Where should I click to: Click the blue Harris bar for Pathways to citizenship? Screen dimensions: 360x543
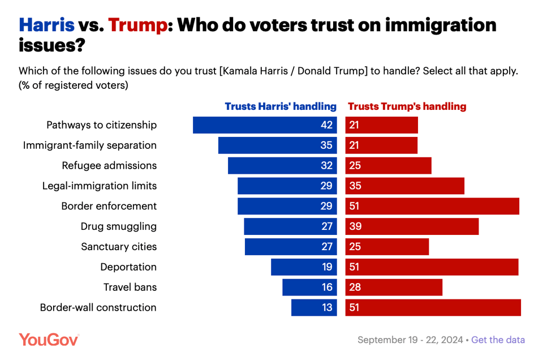(x=265, y=125)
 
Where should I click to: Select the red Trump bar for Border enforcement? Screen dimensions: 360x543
(x=432, y=206)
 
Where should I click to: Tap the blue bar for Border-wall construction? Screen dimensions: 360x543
(x=314, y=308)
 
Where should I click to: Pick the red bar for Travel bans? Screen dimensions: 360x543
(x=394, y=288)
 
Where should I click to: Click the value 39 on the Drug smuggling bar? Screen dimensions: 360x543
(x=355, y=226)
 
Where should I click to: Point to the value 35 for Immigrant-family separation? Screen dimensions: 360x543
(x=326, y=145)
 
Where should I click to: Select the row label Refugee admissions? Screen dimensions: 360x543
(x=109, y=166)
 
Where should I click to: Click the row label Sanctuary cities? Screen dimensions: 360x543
(x=119, y=247)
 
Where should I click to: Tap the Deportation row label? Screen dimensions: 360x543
(x=128, y=267)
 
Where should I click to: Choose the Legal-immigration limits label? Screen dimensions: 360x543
(x=100, y=186)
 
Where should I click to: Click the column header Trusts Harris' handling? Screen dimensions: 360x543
(x=281, y=106)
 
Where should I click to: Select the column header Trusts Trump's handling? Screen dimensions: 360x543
(x=407, y=106)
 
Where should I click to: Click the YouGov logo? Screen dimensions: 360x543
(x=49, y=340)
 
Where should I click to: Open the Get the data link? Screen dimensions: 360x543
(x=498, y=340)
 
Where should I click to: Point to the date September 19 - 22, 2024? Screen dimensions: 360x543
(x=410, y=340)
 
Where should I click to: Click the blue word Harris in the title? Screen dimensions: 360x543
(x=46, y=25)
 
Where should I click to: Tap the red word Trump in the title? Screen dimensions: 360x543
(x=138, y=25)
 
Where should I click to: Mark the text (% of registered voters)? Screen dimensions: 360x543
(x=74, y=86)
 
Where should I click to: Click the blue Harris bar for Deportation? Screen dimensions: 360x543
(x=304, y=267)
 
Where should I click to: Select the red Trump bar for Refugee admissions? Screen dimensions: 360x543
(x=388, y=166)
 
